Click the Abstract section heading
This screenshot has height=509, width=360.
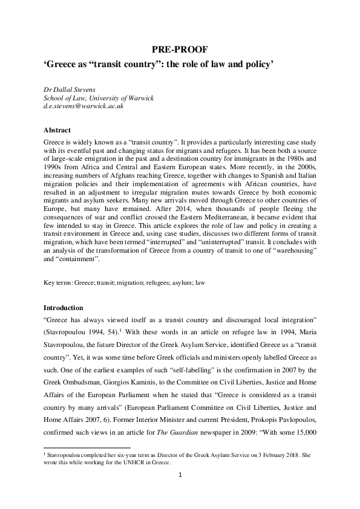(57, 130)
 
